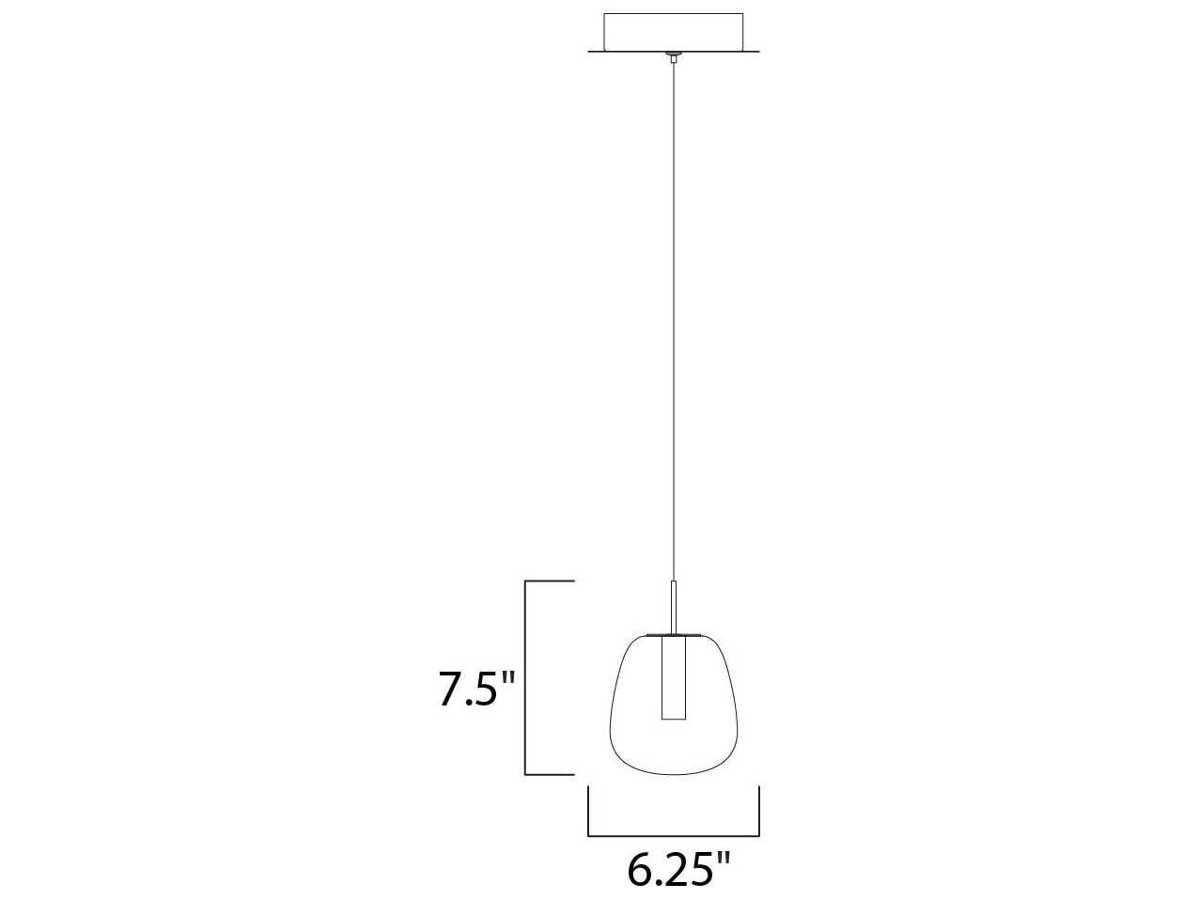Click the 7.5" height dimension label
coord(477,690)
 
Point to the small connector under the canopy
coord(673,57)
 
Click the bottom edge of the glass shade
coord(673,774)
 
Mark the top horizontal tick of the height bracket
coord(549,582)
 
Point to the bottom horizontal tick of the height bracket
coord(549,774)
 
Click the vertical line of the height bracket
coord(525,678)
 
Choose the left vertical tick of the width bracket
coord(589,810)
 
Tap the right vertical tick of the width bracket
coord(758,810)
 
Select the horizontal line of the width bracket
coord(674,834)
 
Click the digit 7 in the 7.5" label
coord(450,690)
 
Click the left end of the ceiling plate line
coord(591,53)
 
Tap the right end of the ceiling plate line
coord(756,53)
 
